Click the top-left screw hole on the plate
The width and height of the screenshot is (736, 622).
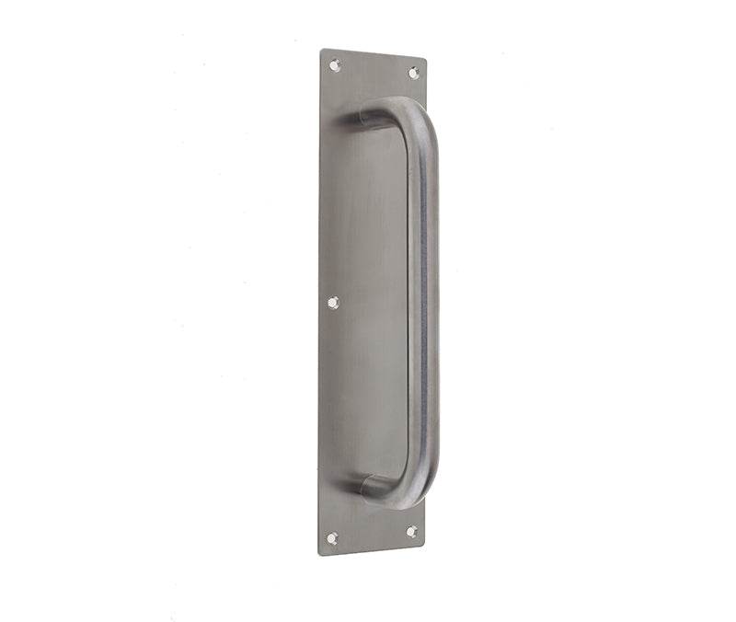tap(335, 65)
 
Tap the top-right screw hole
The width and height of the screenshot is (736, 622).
tap(414, 72)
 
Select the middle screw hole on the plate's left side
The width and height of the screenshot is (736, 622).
tap(333, 302)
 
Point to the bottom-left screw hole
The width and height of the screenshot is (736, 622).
tap(332, 537)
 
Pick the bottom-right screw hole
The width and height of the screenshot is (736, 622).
tap(411, 531)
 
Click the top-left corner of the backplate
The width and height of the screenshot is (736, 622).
tap(321, 49)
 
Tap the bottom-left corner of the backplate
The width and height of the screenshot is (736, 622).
tap(319, 555)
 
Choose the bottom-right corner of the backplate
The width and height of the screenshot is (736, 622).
tap(424, 543)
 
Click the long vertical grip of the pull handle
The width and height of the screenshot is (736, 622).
tap(423, 304)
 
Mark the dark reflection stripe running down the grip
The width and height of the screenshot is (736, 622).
tap(419, 304)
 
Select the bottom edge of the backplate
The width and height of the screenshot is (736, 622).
tap(372, 549)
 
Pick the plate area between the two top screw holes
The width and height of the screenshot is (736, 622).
tap(374, 69)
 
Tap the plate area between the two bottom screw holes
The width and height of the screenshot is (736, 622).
tap(372, 535)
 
